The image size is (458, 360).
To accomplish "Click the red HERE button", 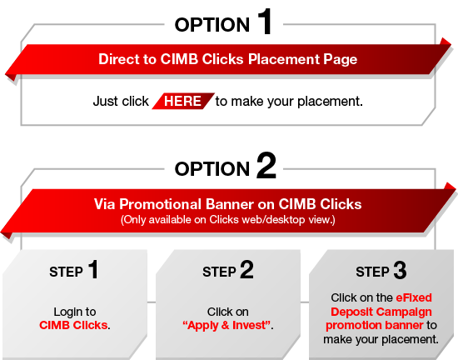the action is tap(183, 101).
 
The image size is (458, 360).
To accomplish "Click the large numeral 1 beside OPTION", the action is tap(265, 22).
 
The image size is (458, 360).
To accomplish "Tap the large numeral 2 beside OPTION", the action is tap(266, 165).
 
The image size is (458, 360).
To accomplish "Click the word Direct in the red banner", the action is tap(119, 59).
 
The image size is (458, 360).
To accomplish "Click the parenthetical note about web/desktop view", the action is tap(228, 220).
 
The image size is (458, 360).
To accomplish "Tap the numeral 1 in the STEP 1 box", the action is tap(93, 269).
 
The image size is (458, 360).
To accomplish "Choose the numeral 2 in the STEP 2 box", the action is tap(246, 270).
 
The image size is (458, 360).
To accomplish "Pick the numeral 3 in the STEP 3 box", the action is tap(400, 270).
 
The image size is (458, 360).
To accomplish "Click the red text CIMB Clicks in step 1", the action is tap(73, 325).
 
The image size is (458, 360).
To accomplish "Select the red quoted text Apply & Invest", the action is tap(227, 325).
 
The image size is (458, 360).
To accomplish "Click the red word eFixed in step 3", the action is tap(414, 297).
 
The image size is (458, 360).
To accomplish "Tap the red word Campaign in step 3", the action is tap(406, 312).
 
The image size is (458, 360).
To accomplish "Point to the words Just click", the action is tap(121, 102).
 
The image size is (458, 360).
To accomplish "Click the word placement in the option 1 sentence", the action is tap(329, 102).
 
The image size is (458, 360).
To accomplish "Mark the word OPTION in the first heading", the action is tap(212, 25).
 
